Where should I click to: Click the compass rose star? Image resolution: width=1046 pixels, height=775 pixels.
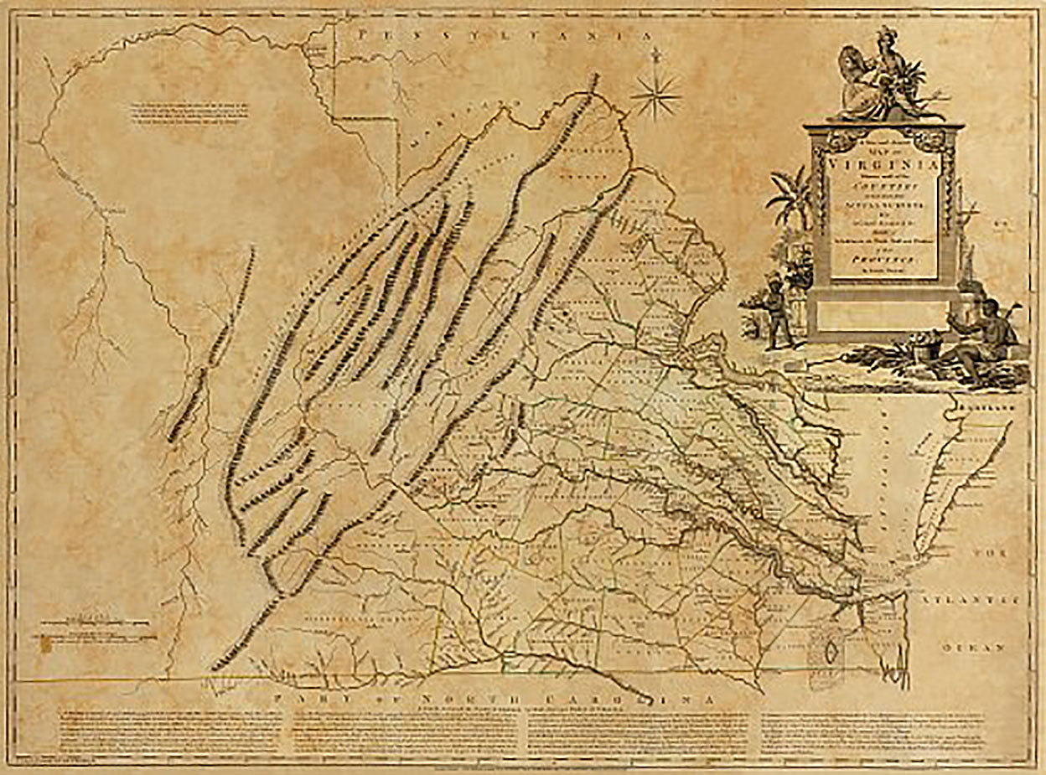point(656,96)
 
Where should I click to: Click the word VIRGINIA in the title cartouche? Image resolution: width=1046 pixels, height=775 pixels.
point(883,165)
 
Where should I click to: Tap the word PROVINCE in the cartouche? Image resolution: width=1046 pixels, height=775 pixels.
point(883,261)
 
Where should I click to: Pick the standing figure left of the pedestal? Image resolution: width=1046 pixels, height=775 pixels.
point(777,310)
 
